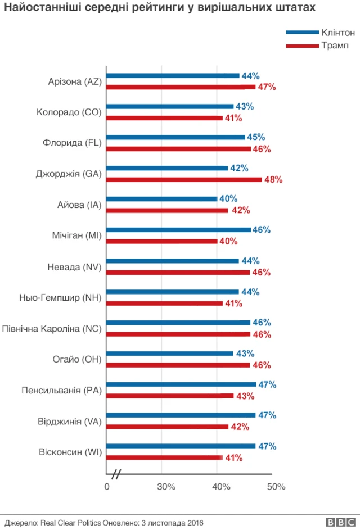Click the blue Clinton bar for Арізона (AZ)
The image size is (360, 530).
pyautogui.click(x=173, y=75)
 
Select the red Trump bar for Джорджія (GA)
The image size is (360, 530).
pyautogui.click(x=184, y=179)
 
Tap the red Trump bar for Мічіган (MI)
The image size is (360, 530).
pyautogui.click(x=161, y=241)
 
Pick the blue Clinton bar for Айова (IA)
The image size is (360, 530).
pyautogui.click(x=161, y=198)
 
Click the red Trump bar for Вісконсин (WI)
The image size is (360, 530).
pyautogui.click(x=164, y=457)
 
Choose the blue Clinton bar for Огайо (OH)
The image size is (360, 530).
pyautogui.click(x=169, y=354)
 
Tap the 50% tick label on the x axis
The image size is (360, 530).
pyautogui.click(x=276, y=487)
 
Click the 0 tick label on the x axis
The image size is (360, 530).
pyautogui.click(x=107, y=487)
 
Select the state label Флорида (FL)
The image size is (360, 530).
pyautogui.click(x=72, y=143)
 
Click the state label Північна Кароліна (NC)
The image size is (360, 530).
pyautogui.click(x=52, y=328)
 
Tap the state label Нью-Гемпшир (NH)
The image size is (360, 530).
pyautogui.click(x=60, y=297)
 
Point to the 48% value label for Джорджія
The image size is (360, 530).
pyautogui.click(x=273, y=180)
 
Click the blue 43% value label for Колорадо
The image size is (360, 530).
pyautogui.click(x=245, y=106)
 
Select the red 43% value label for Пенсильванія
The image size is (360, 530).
pyautogui.click(x=245, y=396)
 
